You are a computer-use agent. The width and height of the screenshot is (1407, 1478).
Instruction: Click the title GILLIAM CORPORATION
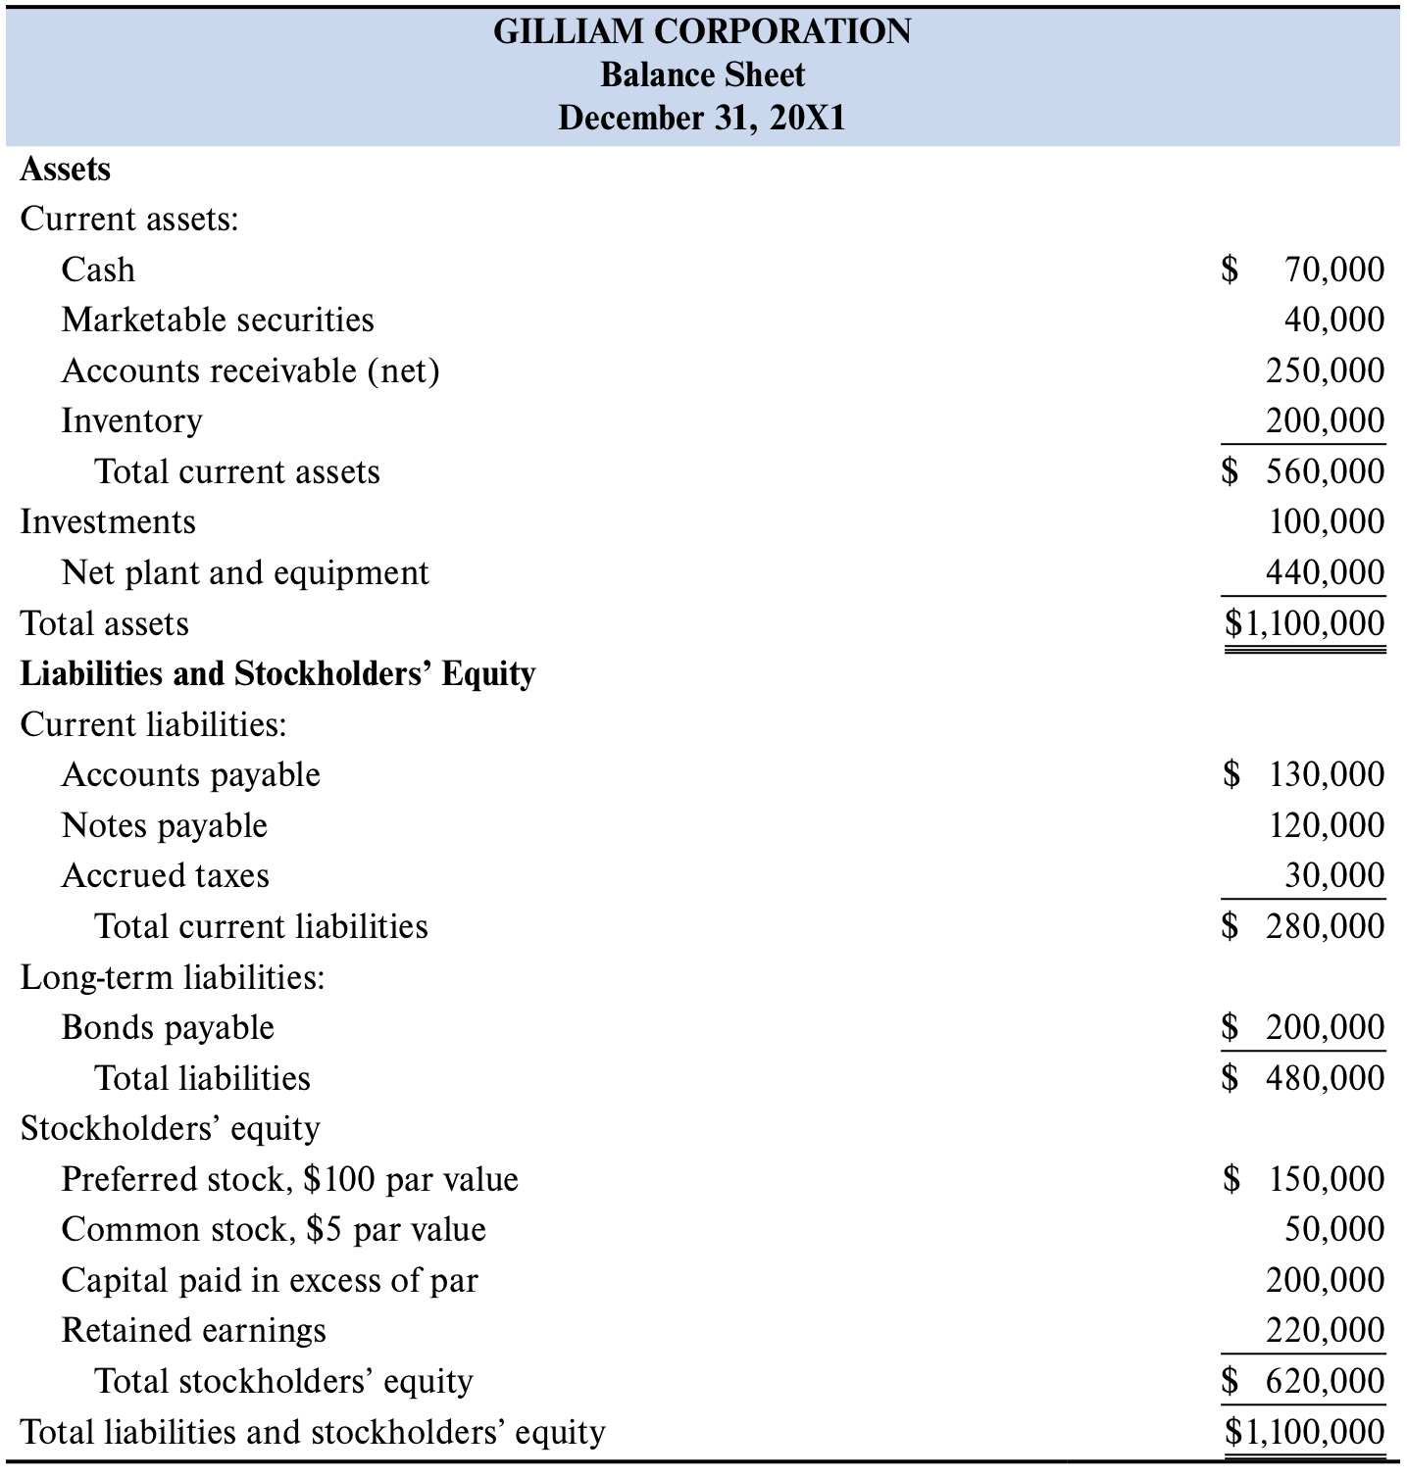tap(702, 31)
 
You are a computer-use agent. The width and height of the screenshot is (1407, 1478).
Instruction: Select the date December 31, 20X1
tap(702, 118)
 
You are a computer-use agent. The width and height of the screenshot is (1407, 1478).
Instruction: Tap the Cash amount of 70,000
tap(1333, 269)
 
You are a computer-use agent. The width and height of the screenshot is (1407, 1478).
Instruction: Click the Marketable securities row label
tap(218, 320)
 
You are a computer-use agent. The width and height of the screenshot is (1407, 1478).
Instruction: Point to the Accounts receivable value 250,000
tap(1325, 370)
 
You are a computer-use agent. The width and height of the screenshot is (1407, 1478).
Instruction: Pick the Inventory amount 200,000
tap(1325, 420)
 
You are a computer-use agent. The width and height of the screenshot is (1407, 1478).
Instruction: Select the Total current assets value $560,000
tap(1304, 471)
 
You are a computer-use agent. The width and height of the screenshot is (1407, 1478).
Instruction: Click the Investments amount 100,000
tap(1327, 521)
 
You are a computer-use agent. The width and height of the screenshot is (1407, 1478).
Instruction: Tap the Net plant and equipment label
tap(245, 572)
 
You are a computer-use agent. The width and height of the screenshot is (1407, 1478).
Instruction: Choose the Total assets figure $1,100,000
tap(1305, 623)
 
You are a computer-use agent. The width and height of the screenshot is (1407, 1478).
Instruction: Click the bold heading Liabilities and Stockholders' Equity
tap(278, 674)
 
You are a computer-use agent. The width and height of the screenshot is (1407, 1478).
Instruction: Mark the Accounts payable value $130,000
tap(1305, 774)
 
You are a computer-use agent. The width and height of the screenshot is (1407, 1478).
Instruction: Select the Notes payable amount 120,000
tap(1327, 825)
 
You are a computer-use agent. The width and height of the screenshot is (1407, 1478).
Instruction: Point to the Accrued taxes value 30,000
tap(1334, 875)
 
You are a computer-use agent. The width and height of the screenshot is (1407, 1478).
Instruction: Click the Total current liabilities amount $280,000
tap(1304, 926)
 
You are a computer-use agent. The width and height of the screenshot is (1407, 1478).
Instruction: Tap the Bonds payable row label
tap(168, 1027)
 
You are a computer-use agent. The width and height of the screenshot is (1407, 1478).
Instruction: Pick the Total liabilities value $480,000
tap(1304, 1078)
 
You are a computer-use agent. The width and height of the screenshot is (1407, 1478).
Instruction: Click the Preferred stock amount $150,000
tap(1305, 1178)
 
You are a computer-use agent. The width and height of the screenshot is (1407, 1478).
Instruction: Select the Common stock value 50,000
tap(1334, 1229)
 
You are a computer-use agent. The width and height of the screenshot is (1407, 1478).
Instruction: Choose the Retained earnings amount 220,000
tap(1325, 1330)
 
